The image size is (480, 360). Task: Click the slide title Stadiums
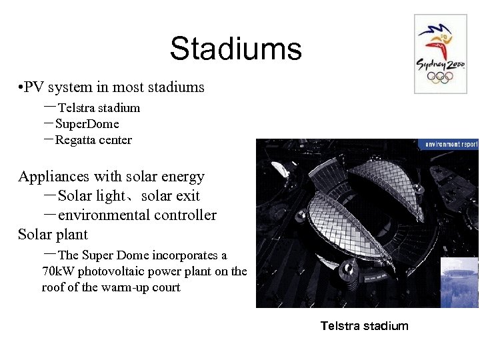point(235,49)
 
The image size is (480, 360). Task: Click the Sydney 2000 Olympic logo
point(440,54)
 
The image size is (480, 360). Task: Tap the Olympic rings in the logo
point(440,79)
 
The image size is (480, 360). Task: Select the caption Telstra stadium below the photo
point(364,326)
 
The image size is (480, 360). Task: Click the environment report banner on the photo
point(448,144)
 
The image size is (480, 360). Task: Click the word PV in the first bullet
point(35,87)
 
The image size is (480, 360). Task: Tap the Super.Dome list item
point(87,124)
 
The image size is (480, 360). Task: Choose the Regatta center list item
point(93,140)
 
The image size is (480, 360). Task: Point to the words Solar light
point(91,196)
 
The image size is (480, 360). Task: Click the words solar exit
point(170,196)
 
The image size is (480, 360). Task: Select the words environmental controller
point(137,215)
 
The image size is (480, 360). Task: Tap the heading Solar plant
point(53,235)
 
